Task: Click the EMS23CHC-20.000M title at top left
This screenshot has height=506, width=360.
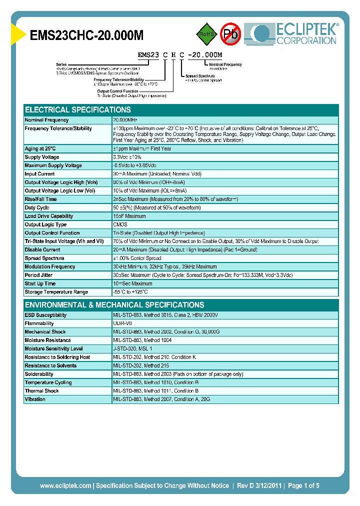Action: point(87,35)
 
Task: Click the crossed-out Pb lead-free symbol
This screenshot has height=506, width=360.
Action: point(230,34)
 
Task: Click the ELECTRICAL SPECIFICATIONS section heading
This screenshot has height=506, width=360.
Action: point(78,109)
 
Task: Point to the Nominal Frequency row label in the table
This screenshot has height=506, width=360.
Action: point(47,120)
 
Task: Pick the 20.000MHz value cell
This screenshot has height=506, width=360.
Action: point(125,120)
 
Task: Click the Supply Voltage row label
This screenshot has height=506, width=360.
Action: point(42,157)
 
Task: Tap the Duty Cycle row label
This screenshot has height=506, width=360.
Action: point(37,207)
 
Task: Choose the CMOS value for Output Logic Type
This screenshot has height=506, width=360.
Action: point(120,224)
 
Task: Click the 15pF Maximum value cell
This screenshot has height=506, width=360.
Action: point(129,216)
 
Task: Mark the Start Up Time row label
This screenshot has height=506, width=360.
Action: point(40,283)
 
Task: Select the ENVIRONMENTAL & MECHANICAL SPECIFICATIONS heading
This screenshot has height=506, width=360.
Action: point(114,304)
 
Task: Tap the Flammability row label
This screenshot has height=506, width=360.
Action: point(39,323)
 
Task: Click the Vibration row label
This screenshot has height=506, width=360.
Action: point(35,399)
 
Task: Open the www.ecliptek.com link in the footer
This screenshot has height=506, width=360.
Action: point(65,485)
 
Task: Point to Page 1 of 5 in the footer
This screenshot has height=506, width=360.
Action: point(303,485)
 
